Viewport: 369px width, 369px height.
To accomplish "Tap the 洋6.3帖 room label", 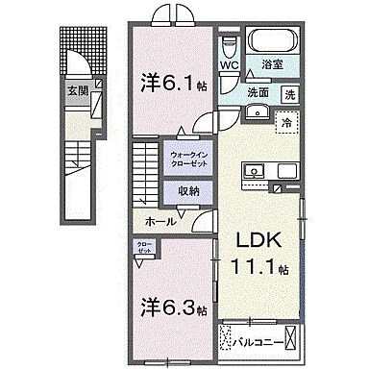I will tap(174, 309).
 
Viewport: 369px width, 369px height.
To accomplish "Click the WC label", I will tap(229, 66).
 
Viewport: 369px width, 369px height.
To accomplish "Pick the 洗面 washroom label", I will tap(258, 93).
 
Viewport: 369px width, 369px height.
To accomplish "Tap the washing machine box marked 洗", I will tap(289, 94).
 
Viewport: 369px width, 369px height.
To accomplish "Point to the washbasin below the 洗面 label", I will tap(257, 112).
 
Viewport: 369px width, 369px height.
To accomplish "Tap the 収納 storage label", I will tap(188, 190).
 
